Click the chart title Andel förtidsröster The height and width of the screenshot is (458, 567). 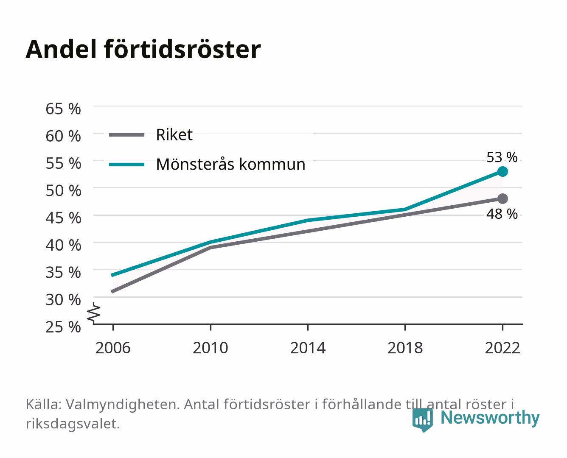coord(143,50)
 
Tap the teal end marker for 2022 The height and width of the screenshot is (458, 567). coord(502,172)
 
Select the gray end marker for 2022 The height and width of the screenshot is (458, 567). coord(502,198)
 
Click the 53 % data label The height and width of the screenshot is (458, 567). coord(502,157)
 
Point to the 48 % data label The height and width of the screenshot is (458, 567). coord(502,214)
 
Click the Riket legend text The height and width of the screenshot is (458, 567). coord(174,135)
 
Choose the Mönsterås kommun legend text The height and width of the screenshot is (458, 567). coord(230,164)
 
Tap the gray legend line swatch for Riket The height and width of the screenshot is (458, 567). coord(127,135)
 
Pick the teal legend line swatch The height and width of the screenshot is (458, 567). coord(127,165)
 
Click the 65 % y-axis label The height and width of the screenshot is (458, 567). coord(63,109)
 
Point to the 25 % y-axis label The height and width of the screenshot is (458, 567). coord(63,327)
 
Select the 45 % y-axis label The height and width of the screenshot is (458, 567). coord(63,218)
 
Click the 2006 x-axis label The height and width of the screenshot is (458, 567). coord(113,348)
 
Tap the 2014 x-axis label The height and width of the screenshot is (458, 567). coord(308,348)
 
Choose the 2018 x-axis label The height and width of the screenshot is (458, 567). coord(405,348)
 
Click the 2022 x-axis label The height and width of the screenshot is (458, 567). coord(502,348)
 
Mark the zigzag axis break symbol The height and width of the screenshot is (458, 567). coord(94,313)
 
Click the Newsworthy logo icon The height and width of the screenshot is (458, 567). coord(423,420)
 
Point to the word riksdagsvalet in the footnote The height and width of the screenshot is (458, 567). coord(73,424)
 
